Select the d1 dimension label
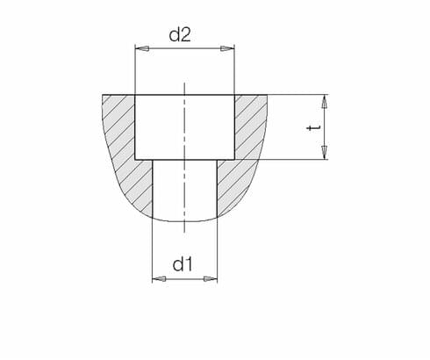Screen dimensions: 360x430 183,263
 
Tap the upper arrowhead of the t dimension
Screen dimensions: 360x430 324,100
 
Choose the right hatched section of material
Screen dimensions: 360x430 247,149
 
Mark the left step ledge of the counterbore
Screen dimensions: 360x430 144,160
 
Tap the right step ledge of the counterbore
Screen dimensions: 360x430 226,160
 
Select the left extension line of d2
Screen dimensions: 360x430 134,70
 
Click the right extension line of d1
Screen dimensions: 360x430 217,255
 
